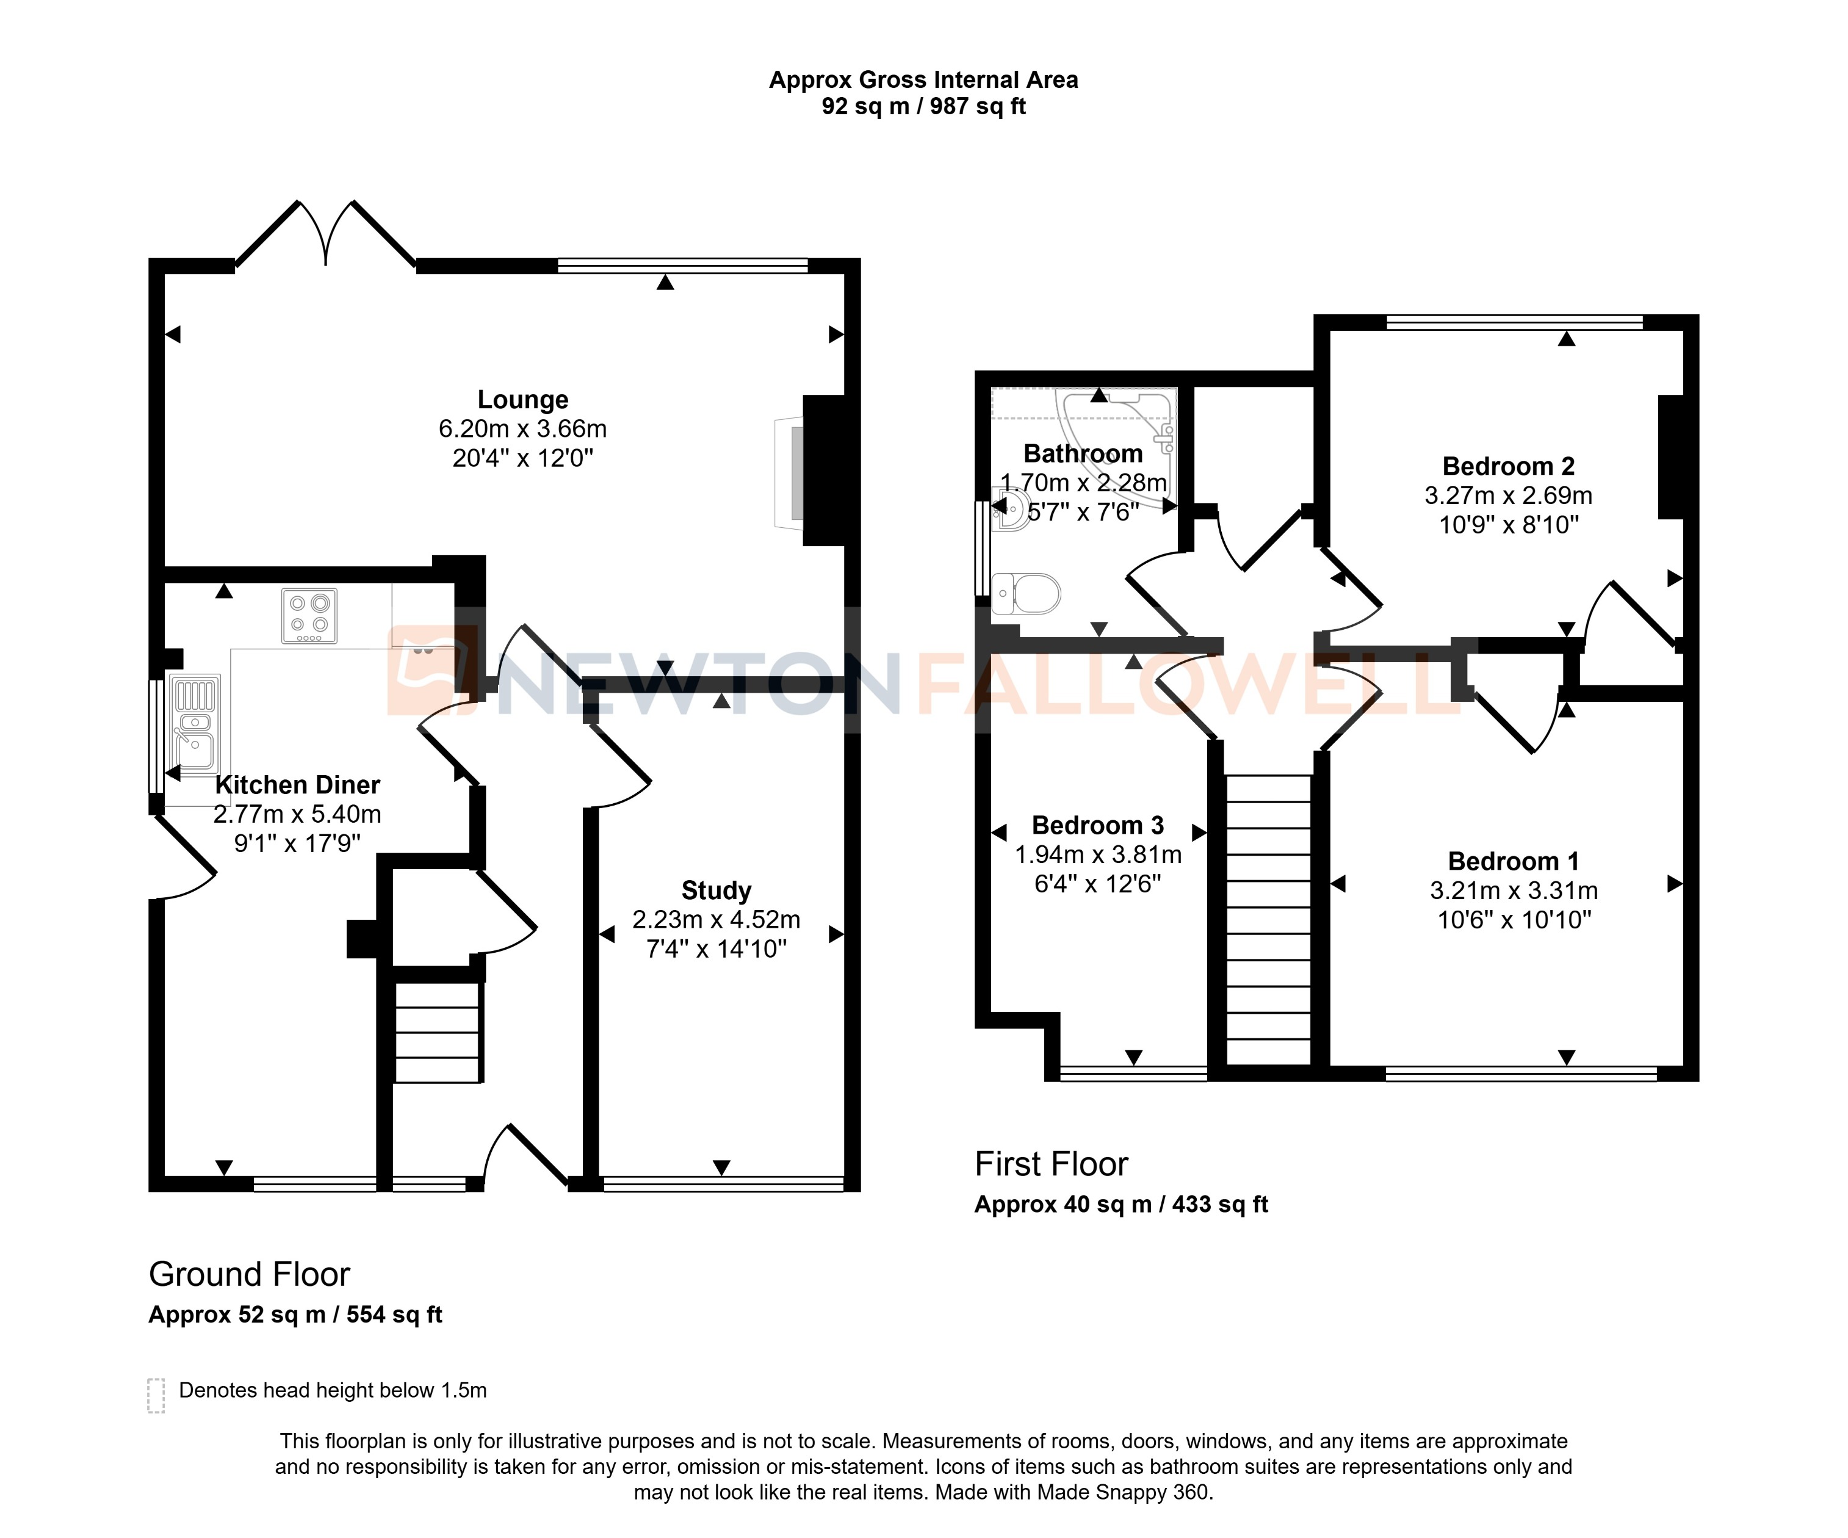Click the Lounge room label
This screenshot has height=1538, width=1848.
(522, 400)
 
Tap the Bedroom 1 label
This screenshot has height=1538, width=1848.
(1513, 861)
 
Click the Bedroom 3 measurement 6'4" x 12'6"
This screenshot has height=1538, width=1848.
(1097, 883)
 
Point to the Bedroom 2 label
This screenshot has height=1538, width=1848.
(1508, 466)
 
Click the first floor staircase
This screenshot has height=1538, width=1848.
(1268, 920)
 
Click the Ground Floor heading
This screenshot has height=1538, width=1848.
(249, 1274)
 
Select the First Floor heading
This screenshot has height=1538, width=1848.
(1051, 1164)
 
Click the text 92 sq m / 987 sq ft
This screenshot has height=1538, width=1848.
(923, 106)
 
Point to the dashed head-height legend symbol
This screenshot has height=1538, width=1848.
(156, 1395)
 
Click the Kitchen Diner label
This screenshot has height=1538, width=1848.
(297, 785)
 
